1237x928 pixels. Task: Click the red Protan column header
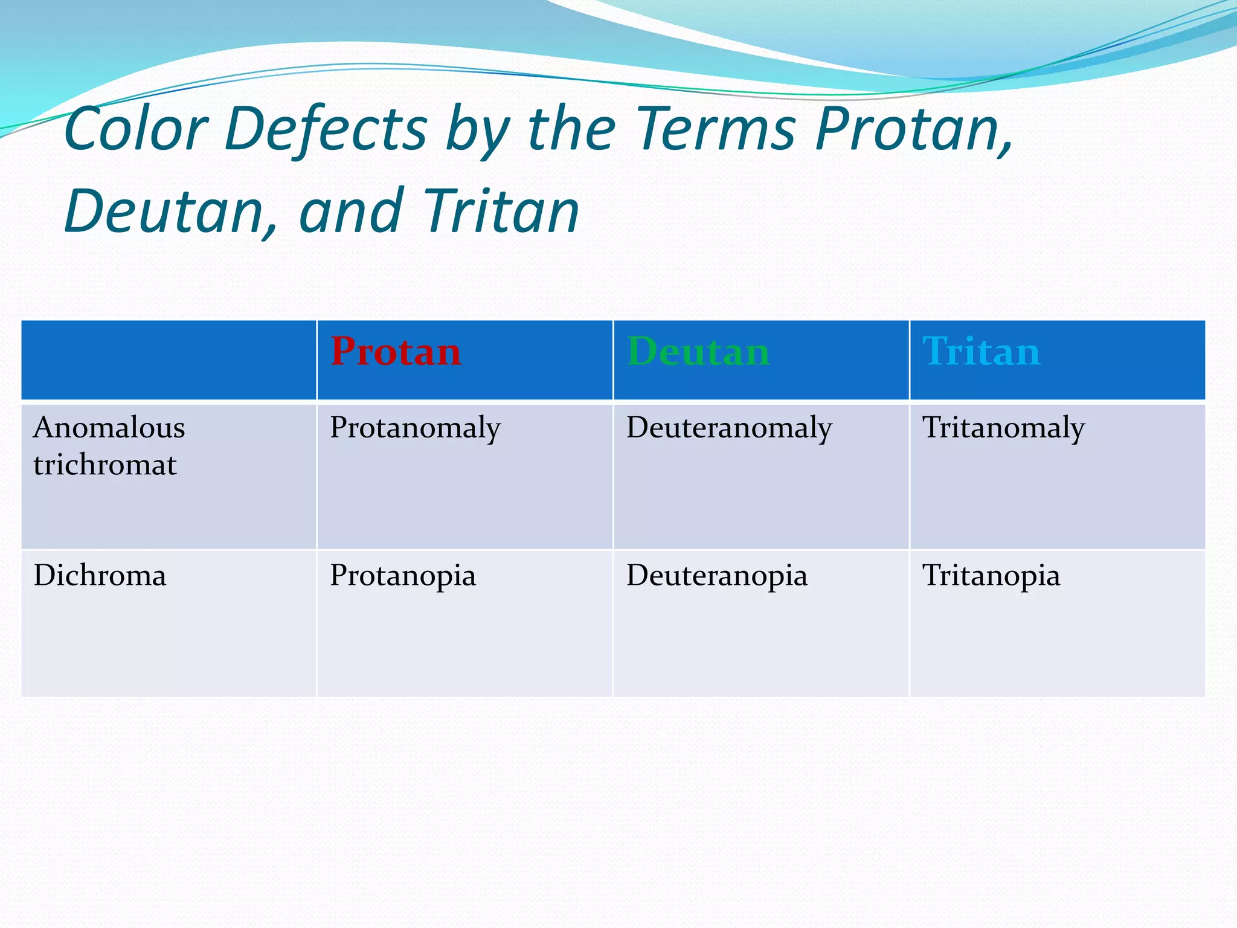tap(396, 352)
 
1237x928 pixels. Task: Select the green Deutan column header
tap(698, 352)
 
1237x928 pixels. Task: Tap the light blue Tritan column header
tap(981, 352)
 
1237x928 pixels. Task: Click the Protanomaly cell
tap(415, 428)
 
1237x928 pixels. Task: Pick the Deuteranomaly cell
tap(729, 428)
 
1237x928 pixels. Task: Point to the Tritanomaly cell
tap(1003, 428)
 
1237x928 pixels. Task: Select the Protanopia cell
tap(402, 575)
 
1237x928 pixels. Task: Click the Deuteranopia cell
tap(716, 575)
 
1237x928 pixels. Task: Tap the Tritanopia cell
tap(991, 575)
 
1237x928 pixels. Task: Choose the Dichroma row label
tap(100, 575)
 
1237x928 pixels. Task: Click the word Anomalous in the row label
tap(109, 428)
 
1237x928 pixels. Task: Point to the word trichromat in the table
tap(105, 465)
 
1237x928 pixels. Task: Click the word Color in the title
tap(136, 129)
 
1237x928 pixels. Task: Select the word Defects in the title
tap(326, 129)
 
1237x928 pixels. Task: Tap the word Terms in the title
tap(716, 129)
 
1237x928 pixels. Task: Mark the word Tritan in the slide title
tap(501, 211)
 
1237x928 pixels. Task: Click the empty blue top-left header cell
tap(169, 360)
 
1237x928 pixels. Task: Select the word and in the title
tap(351, 211)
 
